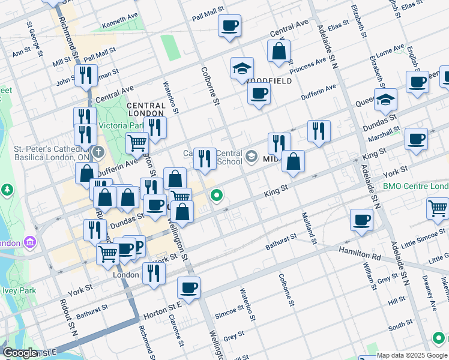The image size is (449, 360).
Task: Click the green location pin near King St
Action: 217,195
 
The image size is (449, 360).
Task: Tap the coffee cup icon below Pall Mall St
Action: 229,26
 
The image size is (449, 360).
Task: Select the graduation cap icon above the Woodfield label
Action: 242,68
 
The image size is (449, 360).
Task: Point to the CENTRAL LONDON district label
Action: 146,109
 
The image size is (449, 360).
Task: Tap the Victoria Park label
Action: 124,126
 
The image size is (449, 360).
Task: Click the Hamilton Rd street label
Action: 360,251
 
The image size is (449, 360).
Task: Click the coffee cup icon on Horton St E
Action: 188,288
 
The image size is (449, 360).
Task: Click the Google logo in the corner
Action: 20,353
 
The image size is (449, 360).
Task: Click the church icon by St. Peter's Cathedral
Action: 98,150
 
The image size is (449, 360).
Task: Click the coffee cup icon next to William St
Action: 361,219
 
